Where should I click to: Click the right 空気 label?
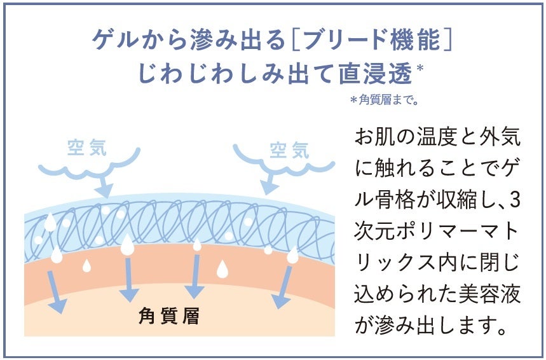[289, 150]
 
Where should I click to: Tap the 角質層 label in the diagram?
[168, 316]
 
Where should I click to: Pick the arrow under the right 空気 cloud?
[267, 184]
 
